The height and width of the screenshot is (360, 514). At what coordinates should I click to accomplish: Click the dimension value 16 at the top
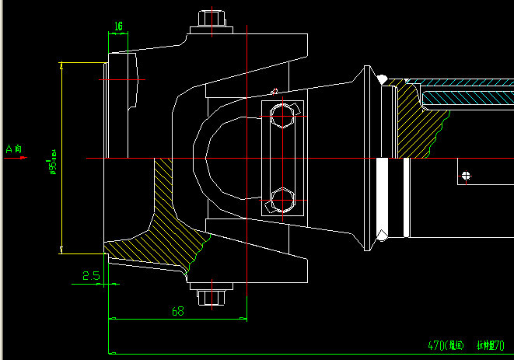(x=118, y=26)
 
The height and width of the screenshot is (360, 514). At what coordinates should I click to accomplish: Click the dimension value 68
(x=177, y=311)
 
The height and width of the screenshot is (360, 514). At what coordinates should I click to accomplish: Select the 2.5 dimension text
(x=90, y=275)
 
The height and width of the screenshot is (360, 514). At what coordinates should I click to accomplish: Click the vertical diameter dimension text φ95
(x=53, y=159)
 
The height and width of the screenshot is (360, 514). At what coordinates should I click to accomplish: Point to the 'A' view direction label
(x=15, y=148)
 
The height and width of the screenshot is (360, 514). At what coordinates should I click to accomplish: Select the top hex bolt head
(x=212, y=19)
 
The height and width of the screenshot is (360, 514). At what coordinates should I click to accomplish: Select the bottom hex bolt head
(x=212, y=297)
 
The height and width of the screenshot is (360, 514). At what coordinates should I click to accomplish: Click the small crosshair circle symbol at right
(x=466, y=175)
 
